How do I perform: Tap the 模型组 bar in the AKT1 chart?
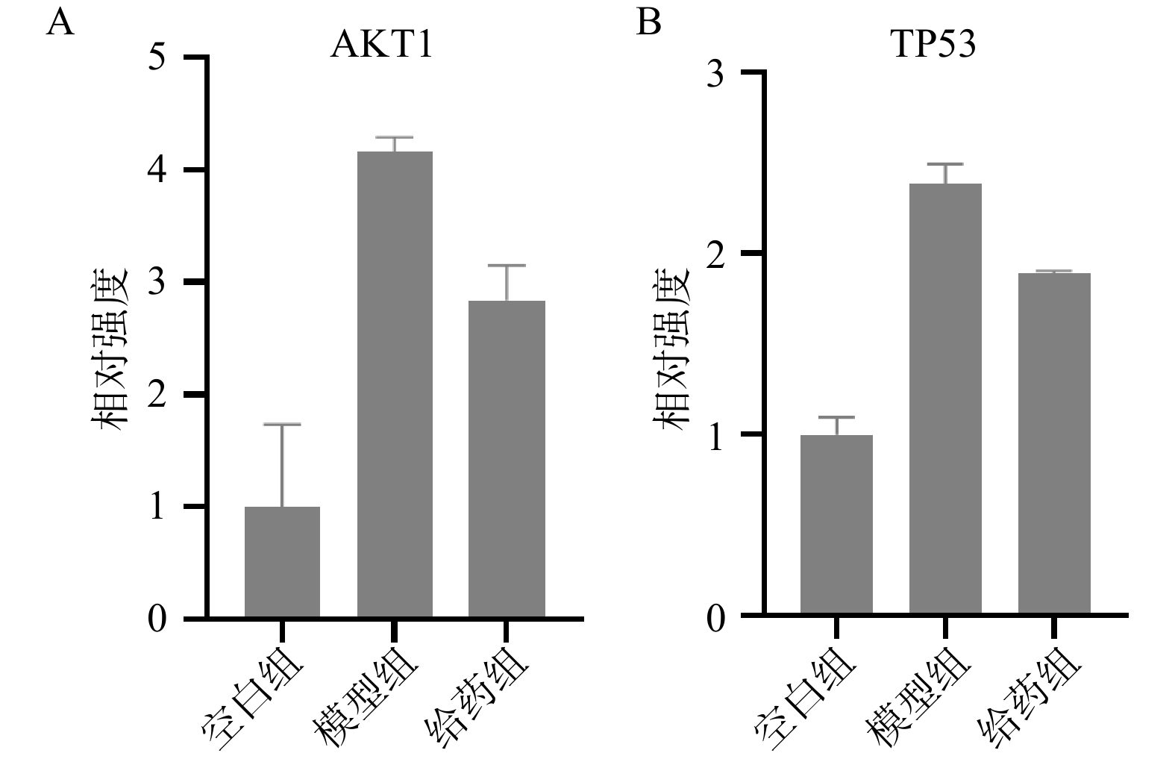395,384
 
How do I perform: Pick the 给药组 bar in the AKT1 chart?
507,459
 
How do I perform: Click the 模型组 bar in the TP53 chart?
945,399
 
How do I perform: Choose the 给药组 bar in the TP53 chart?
1054,444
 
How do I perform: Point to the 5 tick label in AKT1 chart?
157,58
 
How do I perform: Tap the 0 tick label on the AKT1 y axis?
157,619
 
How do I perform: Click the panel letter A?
60,23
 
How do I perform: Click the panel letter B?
648,23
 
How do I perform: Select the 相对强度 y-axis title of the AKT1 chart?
110,347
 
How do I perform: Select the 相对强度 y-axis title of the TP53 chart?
671,347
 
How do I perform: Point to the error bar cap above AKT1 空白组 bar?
282,424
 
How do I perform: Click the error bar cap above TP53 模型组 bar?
945,163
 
